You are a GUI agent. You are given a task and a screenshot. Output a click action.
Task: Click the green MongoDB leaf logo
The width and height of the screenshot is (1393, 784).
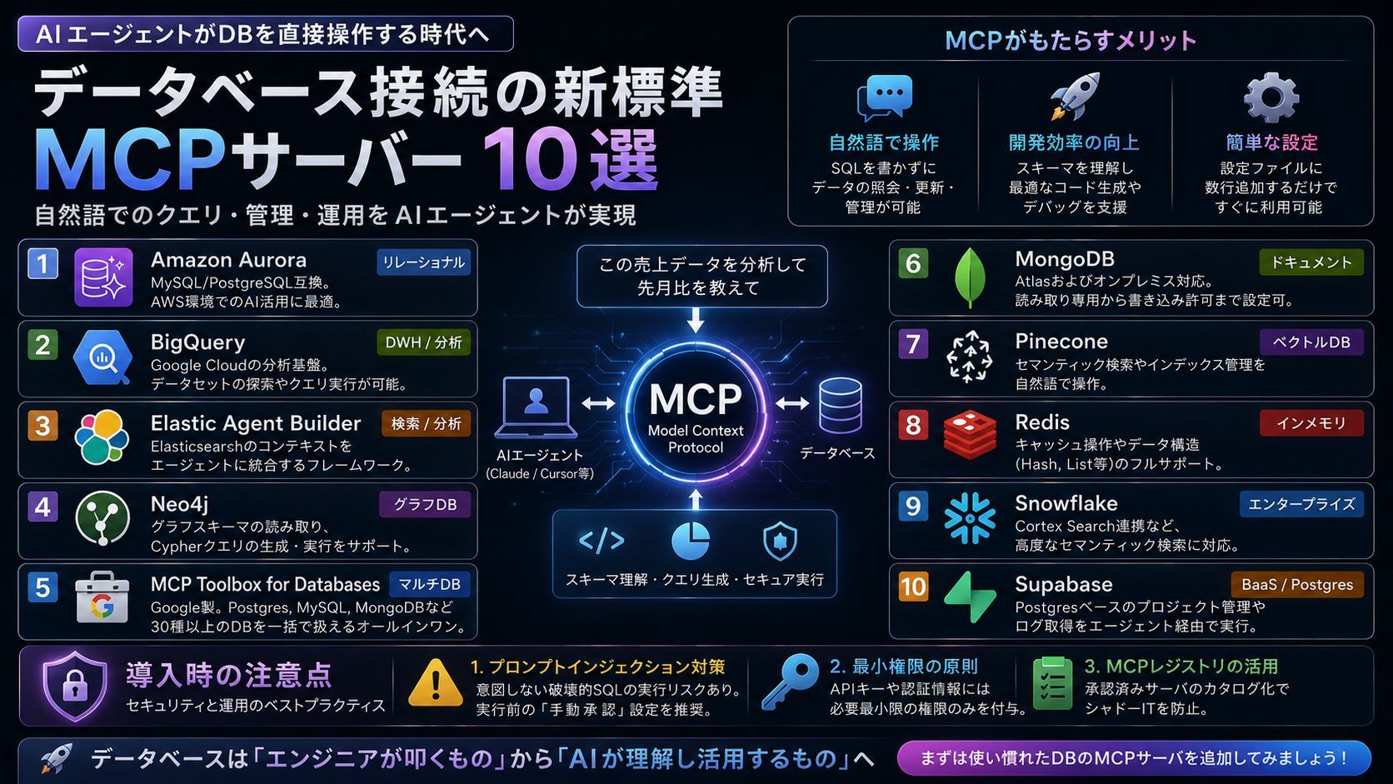(970, 278)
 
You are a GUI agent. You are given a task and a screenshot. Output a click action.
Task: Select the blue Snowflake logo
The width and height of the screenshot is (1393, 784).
(970, 518)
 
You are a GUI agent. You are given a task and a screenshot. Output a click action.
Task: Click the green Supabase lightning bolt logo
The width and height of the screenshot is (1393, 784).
(970, 597)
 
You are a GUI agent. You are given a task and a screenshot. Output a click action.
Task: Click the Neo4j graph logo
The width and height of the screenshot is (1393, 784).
(102, 518)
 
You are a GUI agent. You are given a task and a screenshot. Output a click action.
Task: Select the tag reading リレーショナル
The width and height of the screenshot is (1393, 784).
(423, 262)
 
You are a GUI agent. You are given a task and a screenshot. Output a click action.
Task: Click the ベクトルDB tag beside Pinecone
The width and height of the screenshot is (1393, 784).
(1311, 342)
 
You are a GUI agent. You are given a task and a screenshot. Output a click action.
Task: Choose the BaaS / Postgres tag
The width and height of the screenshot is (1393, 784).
(1297, 584)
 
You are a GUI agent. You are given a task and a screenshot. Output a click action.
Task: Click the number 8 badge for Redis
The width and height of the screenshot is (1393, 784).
(913, 425)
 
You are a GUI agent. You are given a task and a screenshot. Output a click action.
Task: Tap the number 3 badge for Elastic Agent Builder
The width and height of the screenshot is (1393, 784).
(42, 426)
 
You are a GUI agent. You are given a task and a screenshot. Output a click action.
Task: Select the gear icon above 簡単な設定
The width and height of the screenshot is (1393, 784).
(1271, 97)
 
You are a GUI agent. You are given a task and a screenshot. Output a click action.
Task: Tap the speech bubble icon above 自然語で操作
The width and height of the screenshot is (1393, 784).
(884, 97)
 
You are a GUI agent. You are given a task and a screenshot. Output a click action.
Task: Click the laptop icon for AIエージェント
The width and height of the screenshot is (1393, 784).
(536, 407)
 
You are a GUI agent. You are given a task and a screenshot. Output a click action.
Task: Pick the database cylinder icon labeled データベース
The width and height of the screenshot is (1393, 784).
(840, 406)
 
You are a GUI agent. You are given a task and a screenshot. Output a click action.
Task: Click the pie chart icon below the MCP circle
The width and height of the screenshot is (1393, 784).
(691, 541)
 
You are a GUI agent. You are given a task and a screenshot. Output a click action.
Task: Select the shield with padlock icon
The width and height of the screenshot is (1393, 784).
(75, 686)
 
